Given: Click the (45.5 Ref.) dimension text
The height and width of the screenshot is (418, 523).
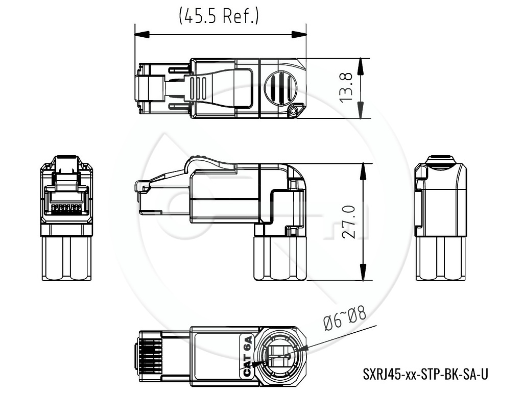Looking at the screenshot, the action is coord(219,16).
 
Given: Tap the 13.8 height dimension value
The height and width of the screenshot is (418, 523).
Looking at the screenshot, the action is coord(346,88).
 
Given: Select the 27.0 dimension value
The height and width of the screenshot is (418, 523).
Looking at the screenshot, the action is coord(349,222).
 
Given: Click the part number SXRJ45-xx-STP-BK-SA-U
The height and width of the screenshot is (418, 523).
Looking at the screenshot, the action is coord(425,374).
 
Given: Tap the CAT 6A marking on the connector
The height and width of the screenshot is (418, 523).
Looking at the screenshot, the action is coord(247,356).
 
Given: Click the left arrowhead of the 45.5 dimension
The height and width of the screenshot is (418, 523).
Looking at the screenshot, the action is coord(142,34).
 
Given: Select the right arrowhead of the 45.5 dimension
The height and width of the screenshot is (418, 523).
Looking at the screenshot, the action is coord(299,34).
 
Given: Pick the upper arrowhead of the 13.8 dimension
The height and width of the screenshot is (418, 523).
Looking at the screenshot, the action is coord(361,66).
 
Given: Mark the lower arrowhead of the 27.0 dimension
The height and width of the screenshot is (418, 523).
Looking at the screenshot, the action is coord(363,273).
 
